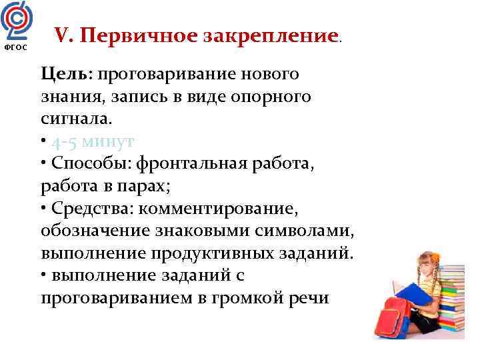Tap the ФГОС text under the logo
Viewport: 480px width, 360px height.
(x=14, y=47)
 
